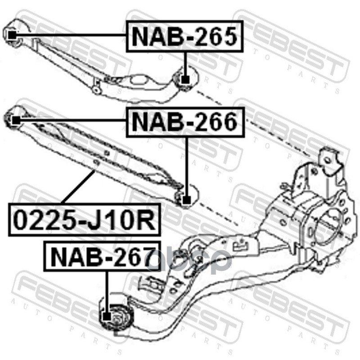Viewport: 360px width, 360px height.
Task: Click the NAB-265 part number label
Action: click(184, 36)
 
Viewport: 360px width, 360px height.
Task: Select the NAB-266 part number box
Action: click(185, 122)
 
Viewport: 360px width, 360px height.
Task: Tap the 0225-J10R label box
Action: click(84, 220)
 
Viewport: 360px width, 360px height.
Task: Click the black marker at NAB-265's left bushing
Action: click(12, 35)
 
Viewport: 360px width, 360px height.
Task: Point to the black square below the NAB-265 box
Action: click(185, 80)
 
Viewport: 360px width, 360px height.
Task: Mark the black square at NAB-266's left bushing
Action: click(16, 120)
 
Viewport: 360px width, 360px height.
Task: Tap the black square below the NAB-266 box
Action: click(186, 200)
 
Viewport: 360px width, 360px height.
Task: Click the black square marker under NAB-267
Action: click(107, 317)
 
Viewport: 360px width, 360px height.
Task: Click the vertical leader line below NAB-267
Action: click(107, 292)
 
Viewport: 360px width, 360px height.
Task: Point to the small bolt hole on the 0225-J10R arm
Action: click(96, 163)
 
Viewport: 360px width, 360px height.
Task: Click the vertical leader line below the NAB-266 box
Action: click(186, 167)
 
